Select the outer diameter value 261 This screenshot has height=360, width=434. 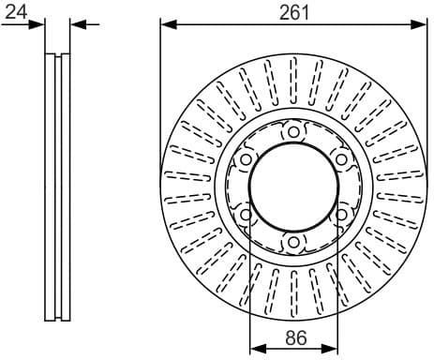point(293,11)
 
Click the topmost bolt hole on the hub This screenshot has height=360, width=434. point(293,132)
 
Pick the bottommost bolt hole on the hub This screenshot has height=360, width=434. point(293,243)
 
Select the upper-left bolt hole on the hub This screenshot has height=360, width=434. point(246,160)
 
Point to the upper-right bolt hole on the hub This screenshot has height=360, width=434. point(341,160)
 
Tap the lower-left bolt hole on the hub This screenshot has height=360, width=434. point(246,216)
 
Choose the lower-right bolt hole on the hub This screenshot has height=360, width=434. point(341,216)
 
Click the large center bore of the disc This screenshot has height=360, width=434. point(293,187)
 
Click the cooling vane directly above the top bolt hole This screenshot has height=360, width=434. point(293,89)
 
